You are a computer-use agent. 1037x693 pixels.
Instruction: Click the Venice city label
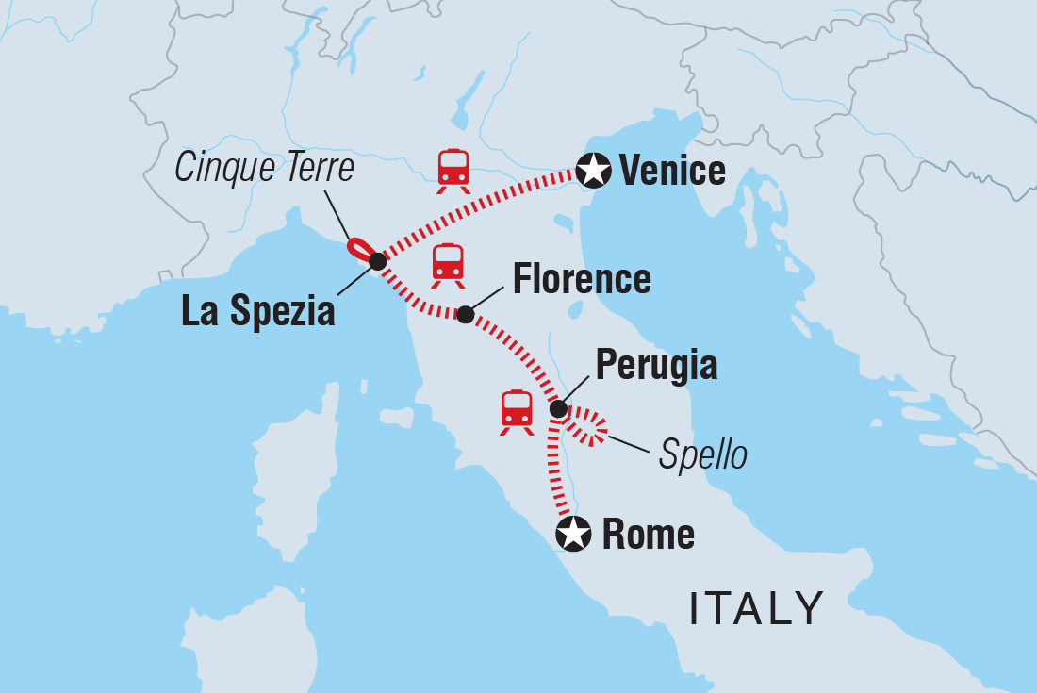click(672, 172)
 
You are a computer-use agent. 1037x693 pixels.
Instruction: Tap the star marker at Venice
click(593, 172)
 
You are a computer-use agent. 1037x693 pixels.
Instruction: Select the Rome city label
click(648, 536)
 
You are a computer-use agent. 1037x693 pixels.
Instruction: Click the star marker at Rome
click(572, 535)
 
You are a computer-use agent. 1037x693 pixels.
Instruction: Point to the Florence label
click(581, 280)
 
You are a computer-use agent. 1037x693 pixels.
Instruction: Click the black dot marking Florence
click(465, 314)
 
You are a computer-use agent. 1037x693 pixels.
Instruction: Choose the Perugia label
click(656, 367)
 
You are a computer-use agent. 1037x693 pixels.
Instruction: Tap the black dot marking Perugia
click(558, 409)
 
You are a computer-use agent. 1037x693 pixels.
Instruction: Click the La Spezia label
click(258, 312)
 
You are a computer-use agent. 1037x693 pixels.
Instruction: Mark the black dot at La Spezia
click(377, 261)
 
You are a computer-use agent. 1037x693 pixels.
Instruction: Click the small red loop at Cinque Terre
click(359, 249)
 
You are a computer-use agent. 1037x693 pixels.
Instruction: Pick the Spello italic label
click(702, 455)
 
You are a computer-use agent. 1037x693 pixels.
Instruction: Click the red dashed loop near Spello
click(589, 425)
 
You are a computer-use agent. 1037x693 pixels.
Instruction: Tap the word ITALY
click(757, 608)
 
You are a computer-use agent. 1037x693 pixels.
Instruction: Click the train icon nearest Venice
click(453, 170)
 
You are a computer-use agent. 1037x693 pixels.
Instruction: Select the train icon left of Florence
click(448, 265)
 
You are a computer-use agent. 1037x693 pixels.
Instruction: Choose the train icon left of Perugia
click(517, 412)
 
